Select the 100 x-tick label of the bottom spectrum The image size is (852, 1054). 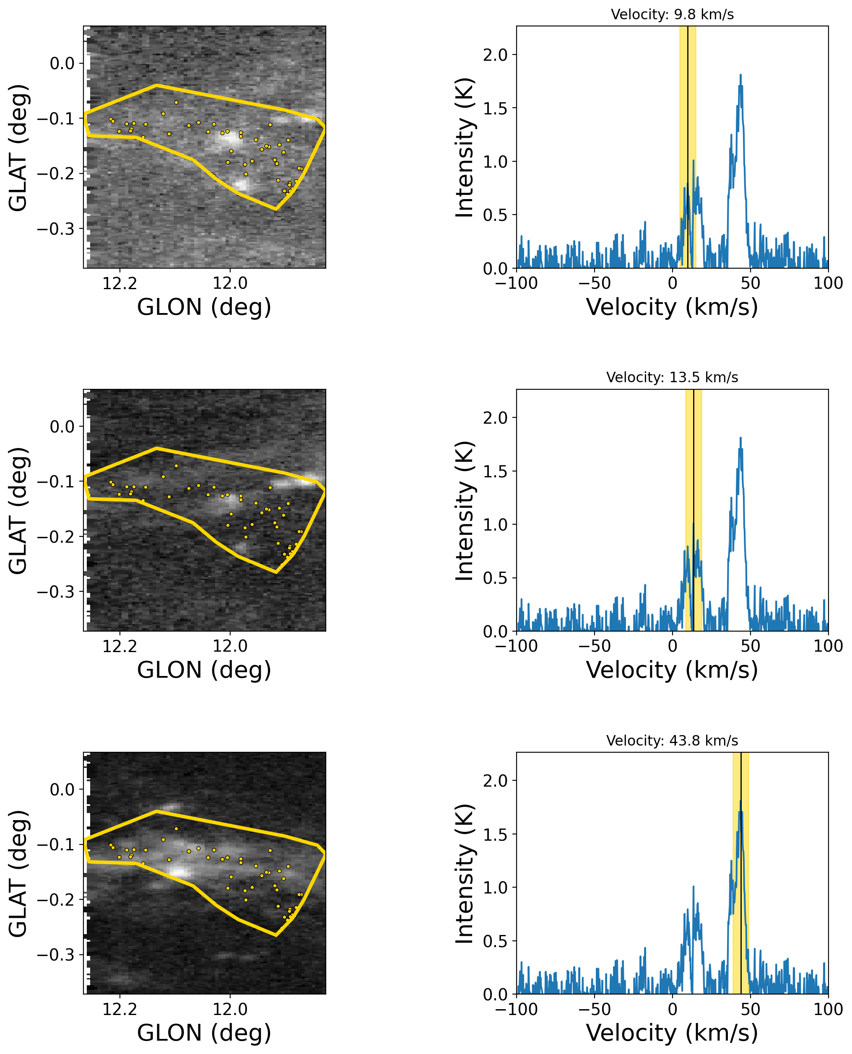pos(828,1009)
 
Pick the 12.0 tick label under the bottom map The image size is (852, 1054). pos(230,1009)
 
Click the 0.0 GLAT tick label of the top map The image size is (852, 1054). pos(62,64)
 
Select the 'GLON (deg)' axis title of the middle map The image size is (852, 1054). pos(204,670)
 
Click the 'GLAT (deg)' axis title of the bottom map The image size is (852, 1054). pos(18,873)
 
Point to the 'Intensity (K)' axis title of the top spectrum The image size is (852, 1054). pos(464,147)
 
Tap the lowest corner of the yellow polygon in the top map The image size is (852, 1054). pos(276,210)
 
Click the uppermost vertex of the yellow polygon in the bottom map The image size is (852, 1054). pos(156,811)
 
